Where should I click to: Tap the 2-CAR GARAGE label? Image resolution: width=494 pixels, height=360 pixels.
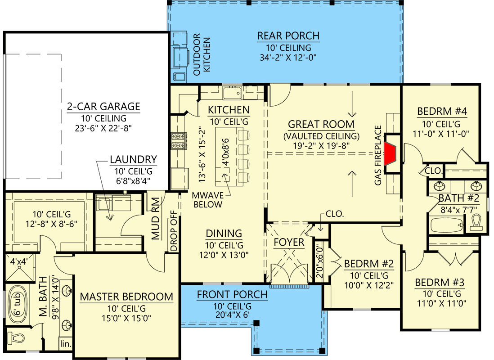[x=103, y=107]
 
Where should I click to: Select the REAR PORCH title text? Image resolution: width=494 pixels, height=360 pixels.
[x=288, y=36]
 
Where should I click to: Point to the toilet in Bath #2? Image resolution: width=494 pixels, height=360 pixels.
[x=477, y=222]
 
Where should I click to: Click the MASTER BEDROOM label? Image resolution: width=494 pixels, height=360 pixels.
[x=126, y=297]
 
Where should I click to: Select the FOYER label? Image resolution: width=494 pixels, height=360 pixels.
[x=289, y=243]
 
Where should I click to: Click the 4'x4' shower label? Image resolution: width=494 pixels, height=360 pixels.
[x=19, y=260]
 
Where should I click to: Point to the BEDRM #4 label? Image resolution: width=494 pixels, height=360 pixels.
[x=441, y=111]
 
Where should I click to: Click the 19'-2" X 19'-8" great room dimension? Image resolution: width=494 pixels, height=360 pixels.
[x=321, y=146]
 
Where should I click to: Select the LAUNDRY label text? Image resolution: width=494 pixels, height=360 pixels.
[x=133, y=159]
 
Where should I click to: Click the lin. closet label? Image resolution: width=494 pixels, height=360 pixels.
[x=65, y=345]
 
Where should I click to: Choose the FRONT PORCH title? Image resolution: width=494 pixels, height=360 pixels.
[x=232, y=295]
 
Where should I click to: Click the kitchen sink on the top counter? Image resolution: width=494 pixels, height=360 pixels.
[x=233, y=93]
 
